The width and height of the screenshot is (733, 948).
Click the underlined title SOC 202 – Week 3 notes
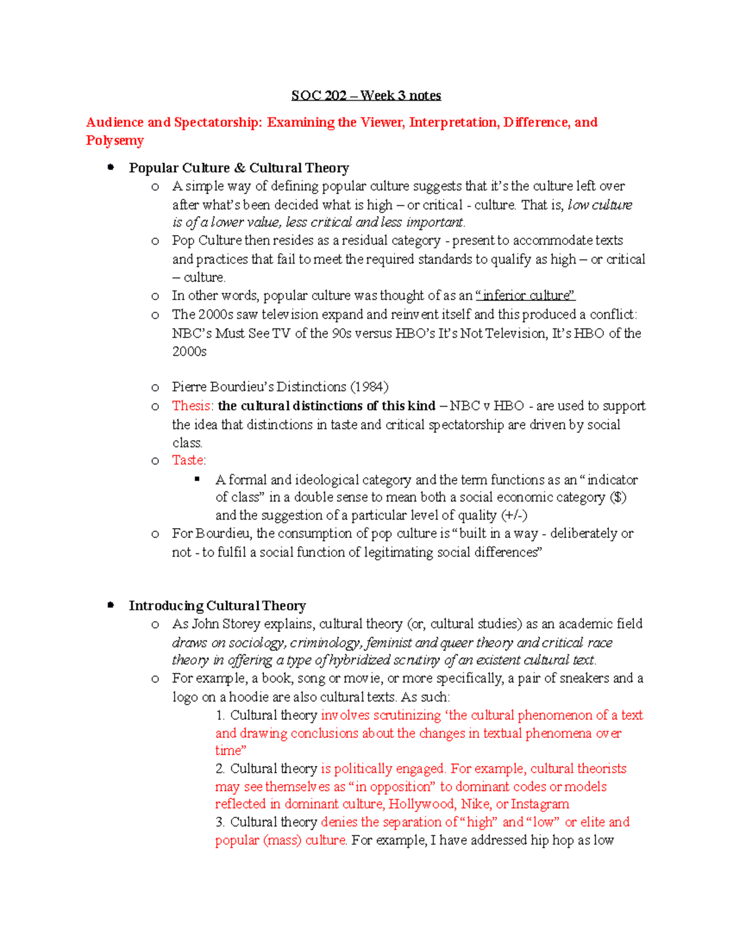(366, 95)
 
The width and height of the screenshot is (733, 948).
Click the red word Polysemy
(115, 140)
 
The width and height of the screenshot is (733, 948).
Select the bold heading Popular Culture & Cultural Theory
(239, 168)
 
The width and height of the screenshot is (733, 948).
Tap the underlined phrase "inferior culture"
(525, 295)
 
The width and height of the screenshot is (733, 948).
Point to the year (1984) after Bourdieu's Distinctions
(369, 387)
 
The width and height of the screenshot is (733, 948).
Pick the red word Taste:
(189, 460)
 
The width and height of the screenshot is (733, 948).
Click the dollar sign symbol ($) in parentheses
(618, 498)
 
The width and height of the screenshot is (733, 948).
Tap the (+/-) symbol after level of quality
(514, 515)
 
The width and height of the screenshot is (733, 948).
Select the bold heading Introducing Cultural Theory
(217, 606)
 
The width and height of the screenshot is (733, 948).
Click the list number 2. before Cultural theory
(220, 769)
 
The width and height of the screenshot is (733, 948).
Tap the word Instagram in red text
(540, 804)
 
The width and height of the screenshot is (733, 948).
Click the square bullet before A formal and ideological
(197, 479)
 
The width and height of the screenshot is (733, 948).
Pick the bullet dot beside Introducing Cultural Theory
(111, 606)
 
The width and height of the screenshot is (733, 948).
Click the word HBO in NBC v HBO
(508, 406)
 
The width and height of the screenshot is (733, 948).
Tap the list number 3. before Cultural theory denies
(220, 822)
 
